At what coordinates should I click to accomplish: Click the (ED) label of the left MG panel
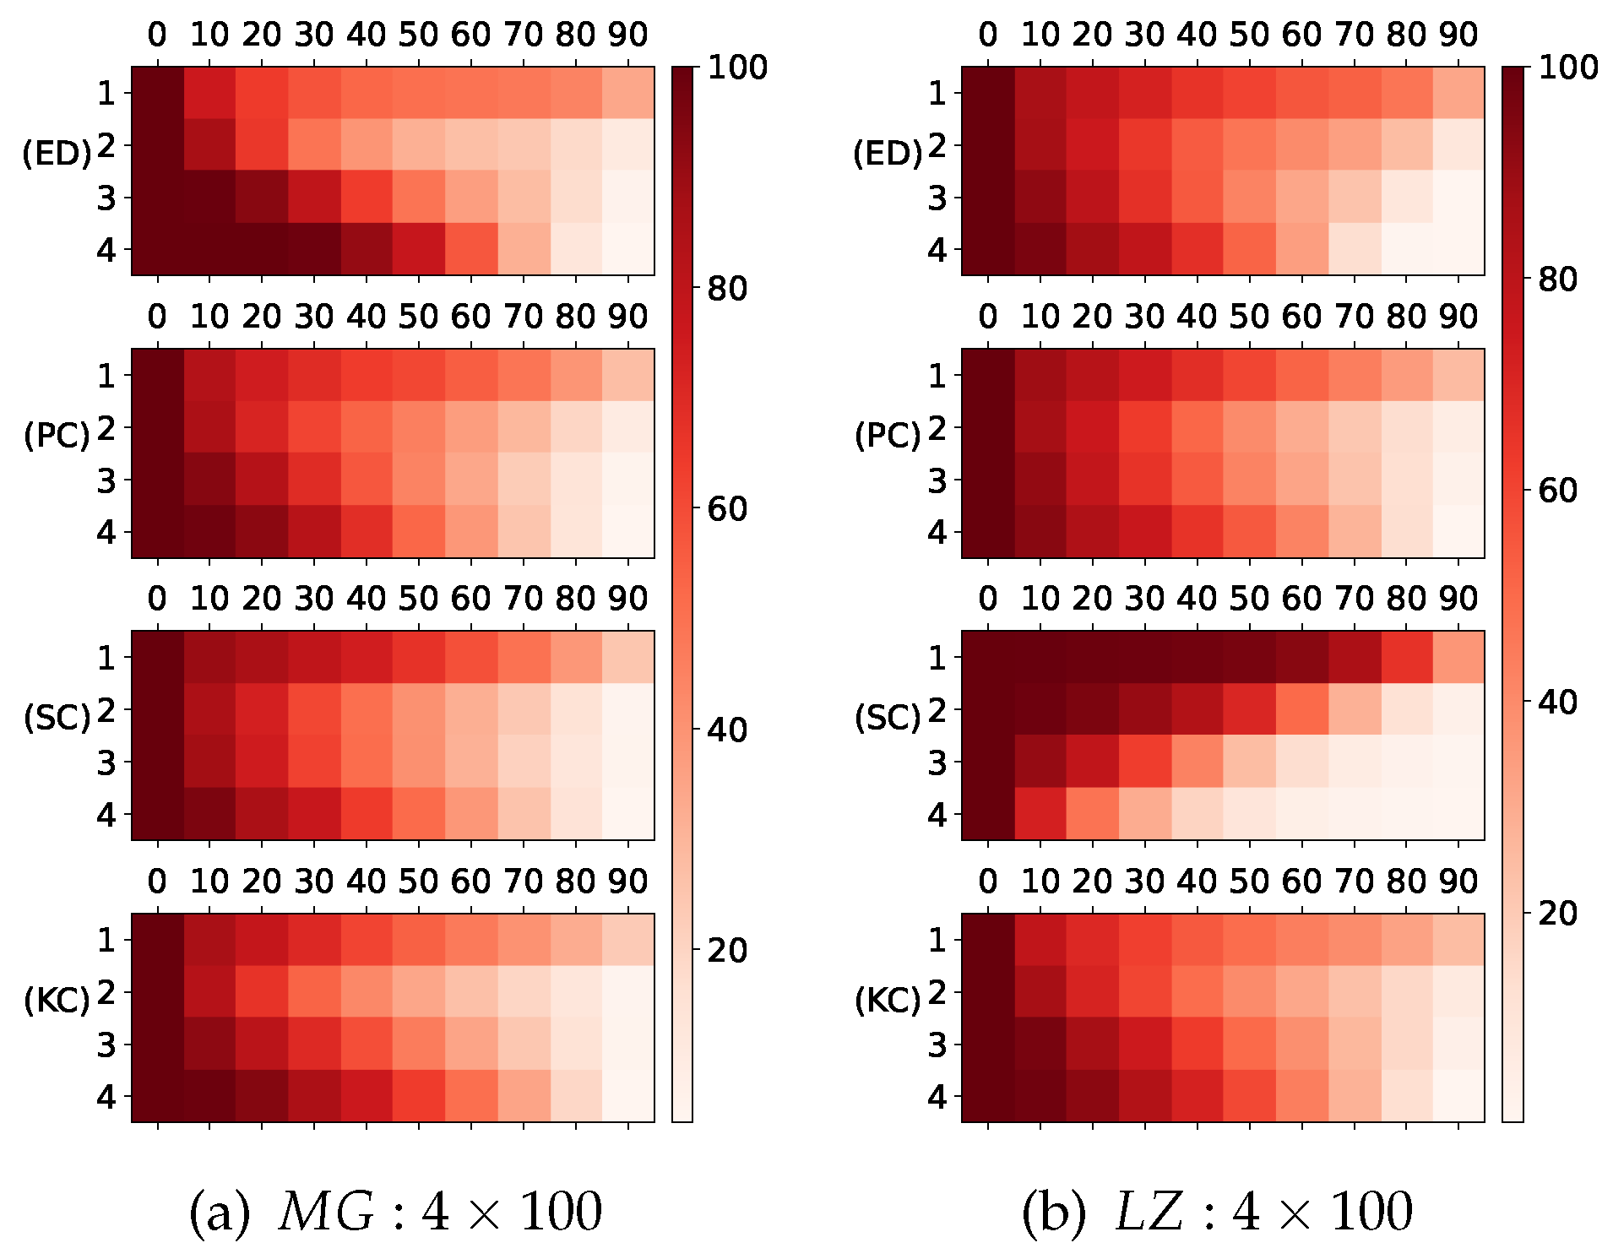pyautogui.click(x=56, y=154)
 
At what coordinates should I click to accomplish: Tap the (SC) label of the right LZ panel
pyautogui.click(x=887, y=718)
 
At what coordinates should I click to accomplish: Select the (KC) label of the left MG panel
pyautogui.click(x=56, y=1001)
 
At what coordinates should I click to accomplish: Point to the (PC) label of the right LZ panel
pyautogui.click(x=887, y=436)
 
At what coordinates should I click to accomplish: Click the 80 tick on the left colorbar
pyautogui.click(x=726, y=289)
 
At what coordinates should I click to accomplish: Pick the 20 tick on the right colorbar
pyautogui.click(x=1557, y=913)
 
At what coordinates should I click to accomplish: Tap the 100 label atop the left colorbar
pyautogui.click(x=736, y=68)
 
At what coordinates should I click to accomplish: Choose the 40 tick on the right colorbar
pyautogui.click(x=1557, y=702)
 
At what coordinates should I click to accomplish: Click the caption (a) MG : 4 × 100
pyautogui.click(x=395, y=1212)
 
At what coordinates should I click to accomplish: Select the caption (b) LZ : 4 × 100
pyautogui.click(x=1216, y=1212)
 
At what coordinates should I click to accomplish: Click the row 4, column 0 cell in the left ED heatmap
pyautogui.click(x=158, y=249)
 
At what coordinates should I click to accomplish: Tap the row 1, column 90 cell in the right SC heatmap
pyautogui.click(x=1458, y=657)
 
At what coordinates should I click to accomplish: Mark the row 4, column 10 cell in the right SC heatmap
pyautogui.click(x=1040, y=814)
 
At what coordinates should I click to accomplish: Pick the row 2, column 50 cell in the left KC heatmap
pyautogui.click(x=419, y=991)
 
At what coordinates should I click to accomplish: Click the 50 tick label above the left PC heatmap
pyautogui.click(x=419, y=317)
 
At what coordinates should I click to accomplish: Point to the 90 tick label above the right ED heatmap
pyautogui.click(x=1458, y=35)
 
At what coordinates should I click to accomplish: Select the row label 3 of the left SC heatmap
pyautogui.click(x=106, y=762)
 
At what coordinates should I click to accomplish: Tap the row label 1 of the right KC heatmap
pyautogui.click(x=937, y=940)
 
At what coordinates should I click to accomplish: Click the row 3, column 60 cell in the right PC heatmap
pyautogui.click(x=1301, y=480)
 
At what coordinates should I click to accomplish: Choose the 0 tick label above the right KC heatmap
pyautogui.click(x=988, y=882)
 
